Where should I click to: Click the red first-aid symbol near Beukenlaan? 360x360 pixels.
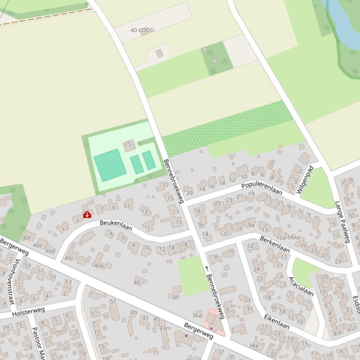tap(87, 215)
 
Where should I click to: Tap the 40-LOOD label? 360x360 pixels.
tap(142, 30)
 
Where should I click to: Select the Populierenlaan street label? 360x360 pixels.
tap(262, 187)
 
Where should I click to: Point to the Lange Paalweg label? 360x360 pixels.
tap(343, 222)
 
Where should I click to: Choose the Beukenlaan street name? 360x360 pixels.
tap(116, 226)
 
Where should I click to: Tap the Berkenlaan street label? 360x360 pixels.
tap(274, 244)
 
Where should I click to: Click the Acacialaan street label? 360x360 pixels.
tap(301, 286)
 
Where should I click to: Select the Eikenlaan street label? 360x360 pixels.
tap(276, 322)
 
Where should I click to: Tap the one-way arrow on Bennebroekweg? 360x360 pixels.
tap(206, 268)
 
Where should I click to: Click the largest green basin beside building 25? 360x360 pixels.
tap(110, 165)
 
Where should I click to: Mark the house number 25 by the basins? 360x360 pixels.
tap(128, 144)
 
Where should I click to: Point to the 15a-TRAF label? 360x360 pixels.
tap(288, 238)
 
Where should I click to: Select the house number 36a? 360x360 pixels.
tap(197, 316)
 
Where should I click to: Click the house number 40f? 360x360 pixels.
tap(27, 238)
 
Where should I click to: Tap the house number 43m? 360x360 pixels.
tap(165, 328)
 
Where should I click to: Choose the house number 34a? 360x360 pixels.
tap(253, 346)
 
